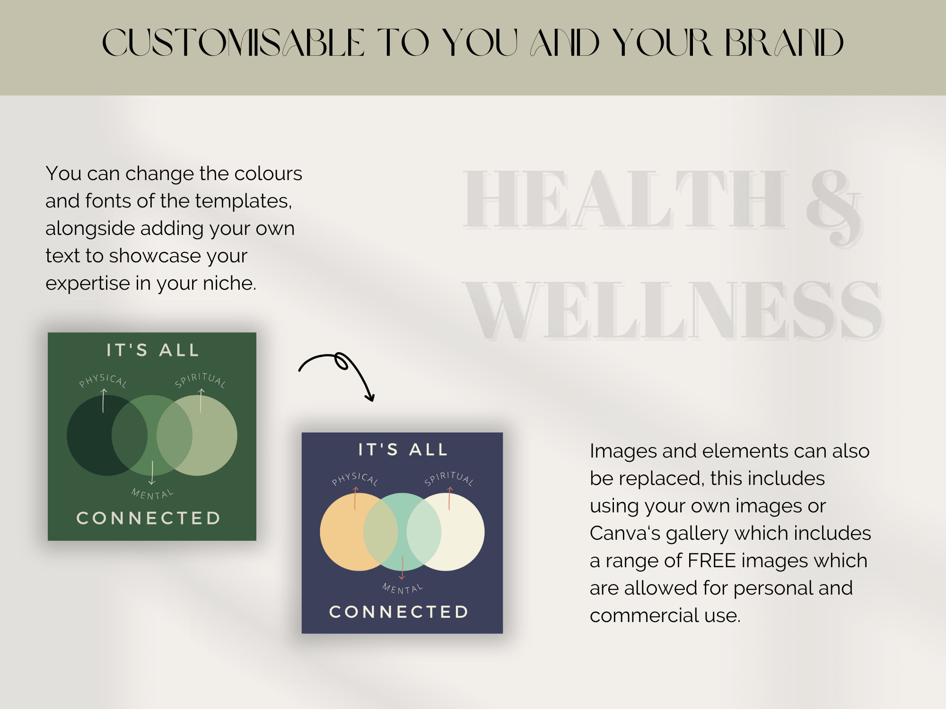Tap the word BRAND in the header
(x=784, y=43)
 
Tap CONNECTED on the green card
(x=149, y=518)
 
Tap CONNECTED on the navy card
(x=399, y=612)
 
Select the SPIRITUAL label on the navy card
(x=448, y=478)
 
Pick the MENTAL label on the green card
(x=152, y=494)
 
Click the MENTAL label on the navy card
(x=403, y=588)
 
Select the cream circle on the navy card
(x=464, y=532)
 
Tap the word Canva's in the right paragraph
(x=625, y=533)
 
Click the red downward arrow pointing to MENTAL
(x=402, y=568)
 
